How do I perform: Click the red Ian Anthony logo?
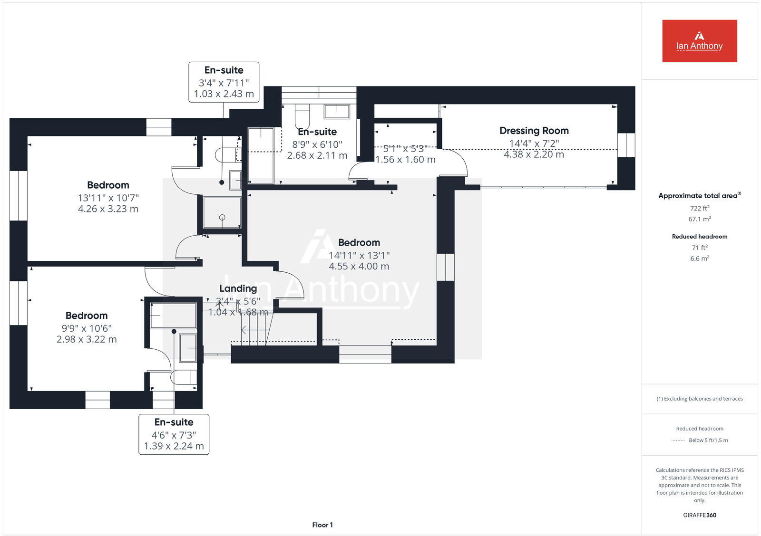pyautogui.click(x=699, y=41)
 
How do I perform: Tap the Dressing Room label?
pyautogui.click(x=534, y=131)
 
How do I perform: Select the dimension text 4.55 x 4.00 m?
pyautogui.click(x=359, y=267)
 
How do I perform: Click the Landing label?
pyautogui.click(x=238, y=288)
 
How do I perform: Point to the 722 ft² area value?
pyautogui.click(x=699, y=208)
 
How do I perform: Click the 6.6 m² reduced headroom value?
pyautogui.click(x=699, y=258)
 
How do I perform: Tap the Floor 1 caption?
pyautogui.click(x=322, y=525)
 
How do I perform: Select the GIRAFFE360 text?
pyautogui.click(x=699, y=515)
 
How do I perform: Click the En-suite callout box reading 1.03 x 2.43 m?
pyautogui.click(x=224, y=82)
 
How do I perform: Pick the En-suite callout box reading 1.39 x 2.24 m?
pyautogui.click(x=174, y=434)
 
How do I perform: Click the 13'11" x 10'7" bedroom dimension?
pyautogui.click(x=108, y=198)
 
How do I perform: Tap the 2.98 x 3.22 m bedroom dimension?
pyautogui.click(x=87, y=339)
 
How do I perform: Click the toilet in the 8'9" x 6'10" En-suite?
pyautogui.click(x=302, y=117)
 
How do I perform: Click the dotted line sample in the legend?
pyautogui.click(x=678, y=440)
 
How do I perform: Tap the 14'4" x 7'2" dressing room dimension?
pyautogui.click(x=534, y=143)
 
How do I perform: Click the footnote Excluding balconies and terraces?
pyautogui.click(x=699, y=399)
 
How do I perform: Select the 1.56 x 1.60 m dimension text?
pyautogui.click(x=405, y=160)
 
